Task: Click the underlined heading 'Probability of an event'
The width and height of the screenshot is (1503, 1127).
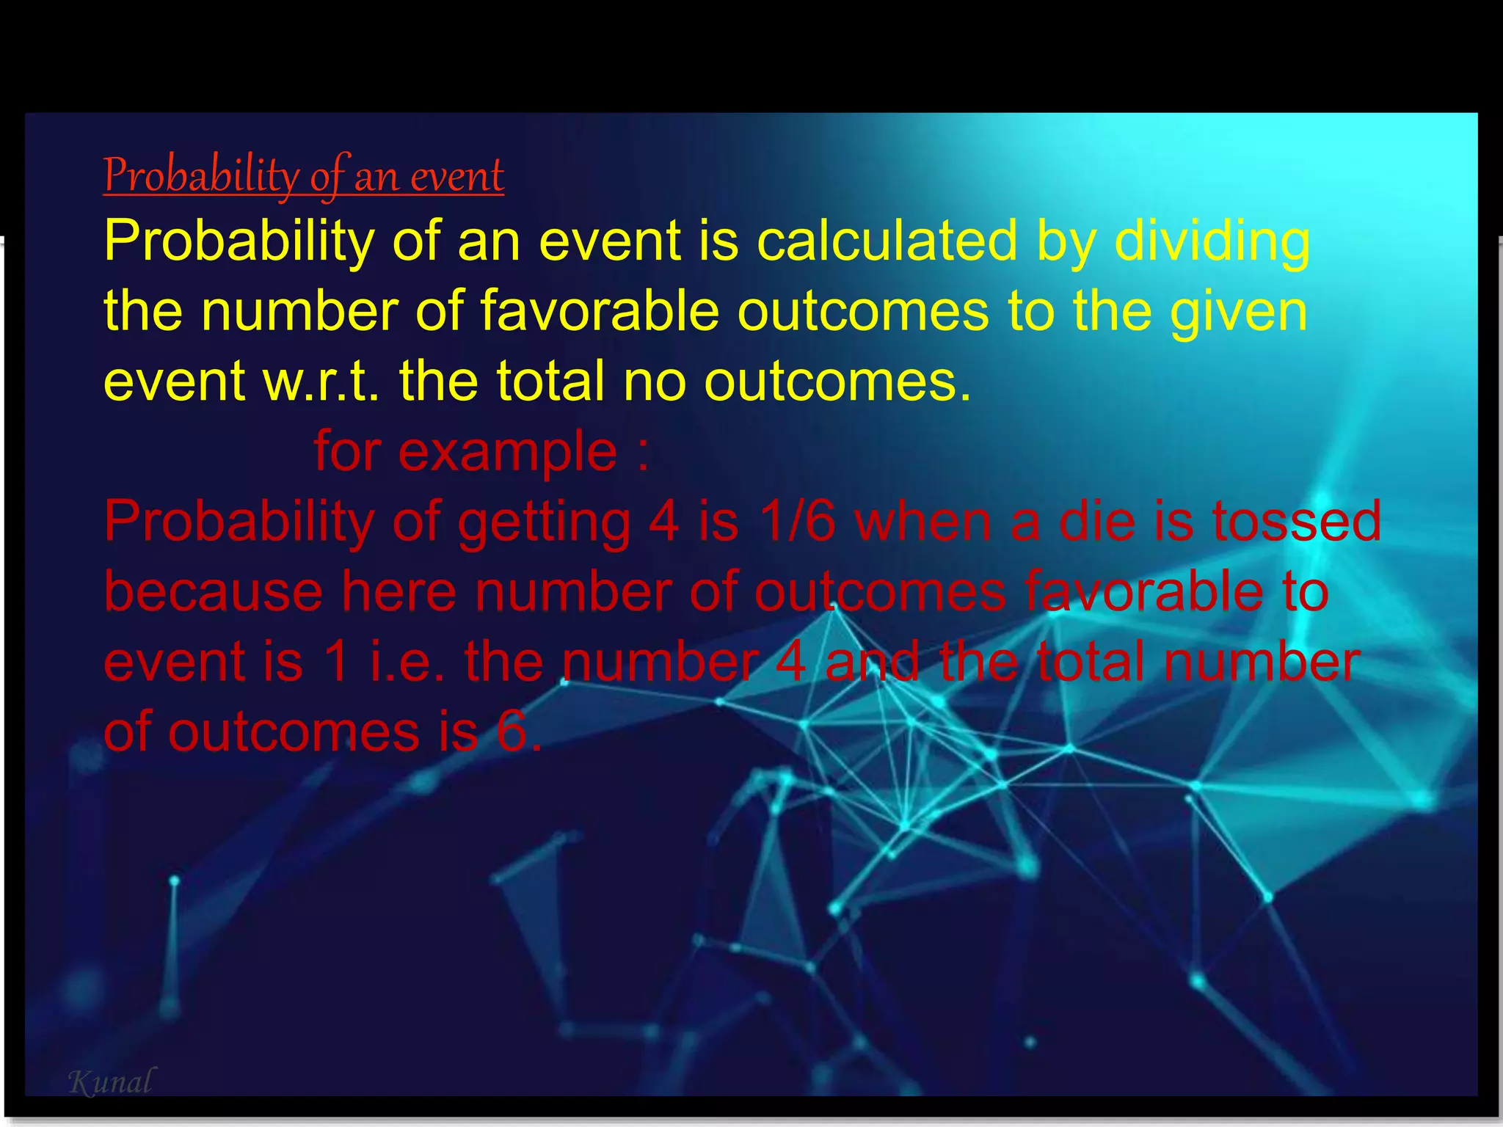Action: click(x=303, y=176)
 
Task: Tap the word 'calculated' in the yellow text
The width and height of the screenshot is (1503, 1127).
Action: click(x=887, y=241)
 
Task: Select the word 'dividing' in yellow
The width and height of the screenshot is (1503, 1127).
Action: click(x=1212, y=241)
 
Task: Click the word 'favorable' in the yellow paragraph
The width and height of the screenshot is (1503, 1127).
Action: click(x=600, y=311)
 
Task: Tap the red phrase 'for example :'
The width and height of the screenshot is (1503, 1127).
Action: click(x=481, y=452)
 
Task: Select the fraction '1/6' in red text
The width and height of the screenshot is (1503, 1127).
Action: click(x=798, y=521)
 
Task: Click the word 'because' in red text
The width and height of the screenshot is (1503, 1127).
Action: click(x=213, y=591)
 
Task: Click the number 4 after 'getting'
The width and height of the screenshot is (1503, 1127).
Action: click(x=663, y=521)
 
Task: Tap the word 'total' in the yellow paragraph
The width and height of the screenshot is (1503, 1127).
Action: click(x=552, y=382)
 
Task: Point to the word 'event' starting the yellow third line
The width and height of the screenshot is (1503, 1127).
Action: click(x=174, y=382)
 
